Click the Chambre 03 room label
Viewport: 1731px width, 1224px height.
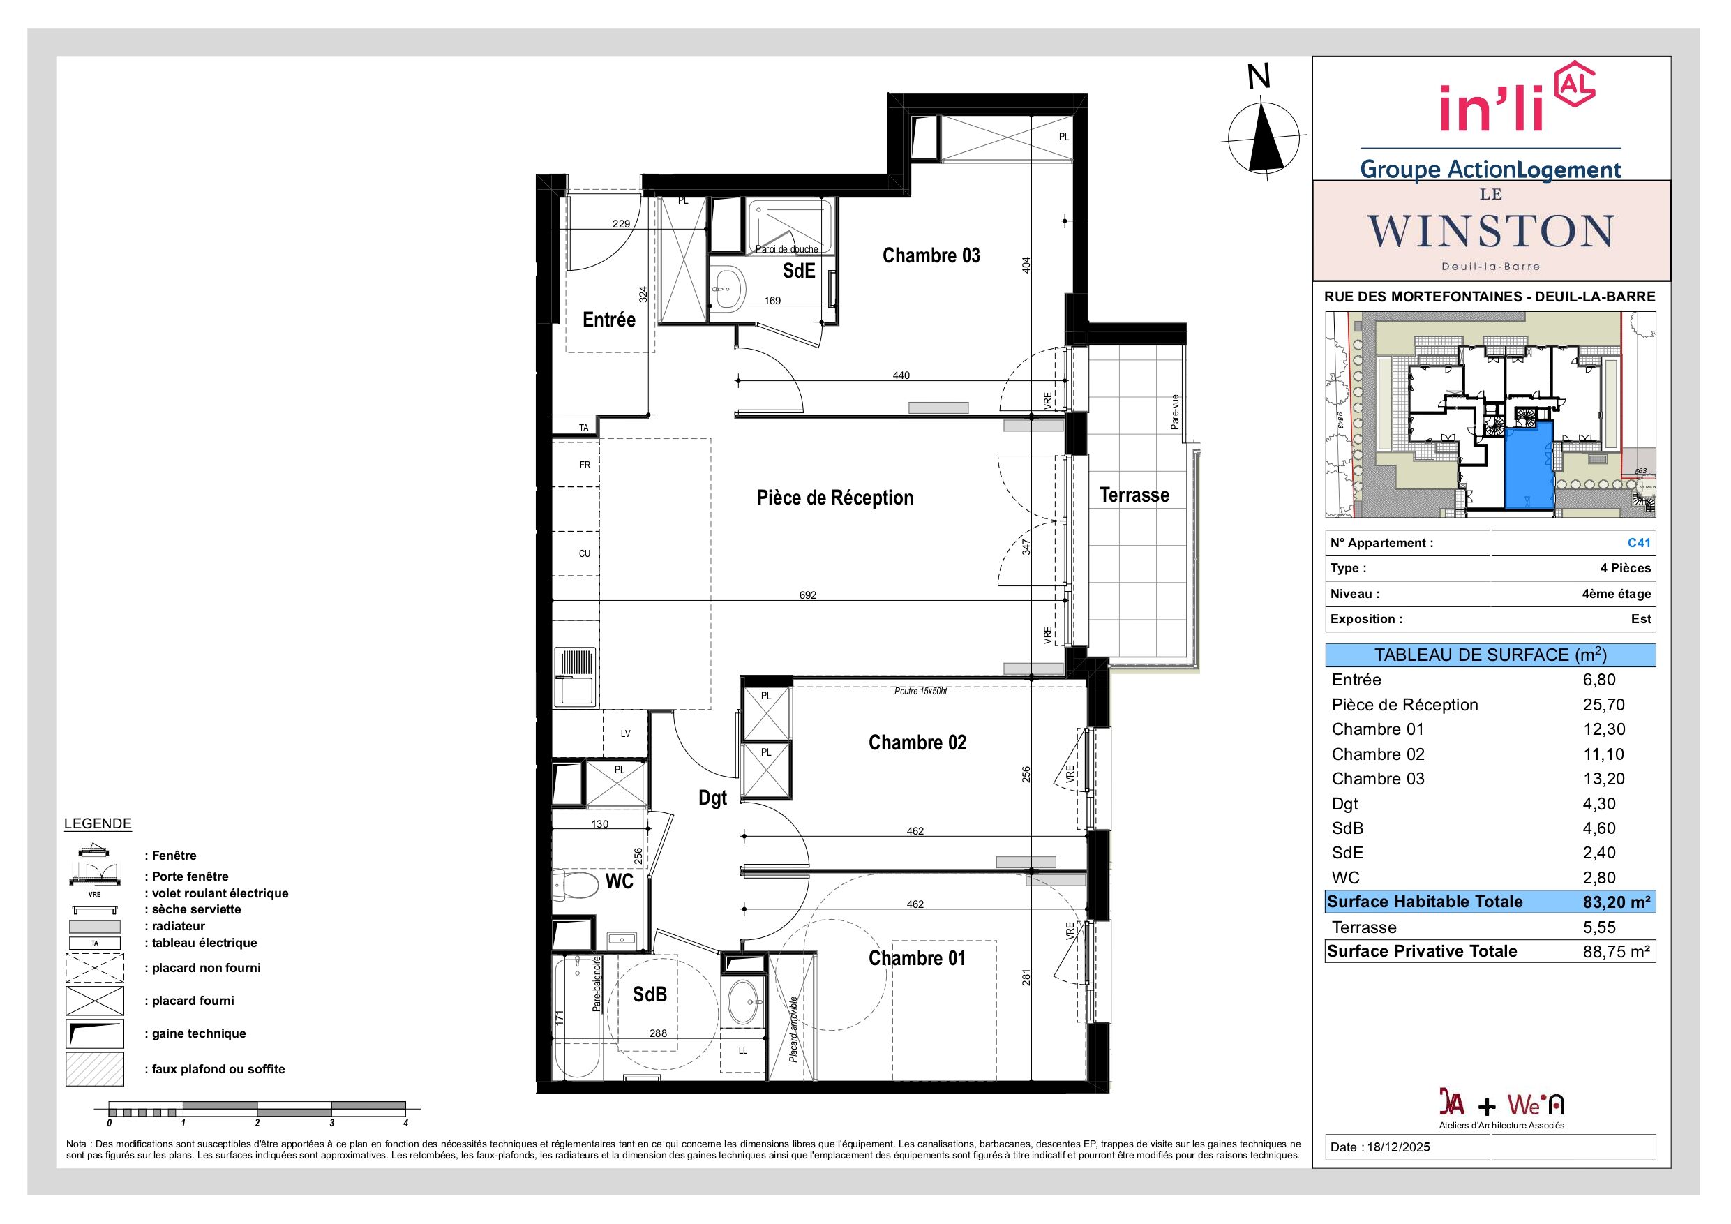pos(931,255)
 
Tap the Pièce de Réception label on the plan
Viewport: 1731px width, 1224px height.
pos(834,498)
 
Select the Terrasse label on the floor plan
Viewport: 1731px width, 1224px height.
pos(1134,495)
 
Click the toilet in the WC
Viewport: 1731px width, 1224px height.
pos(569,885)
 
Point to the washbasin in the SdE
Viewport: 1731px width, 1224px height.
pos(728,289)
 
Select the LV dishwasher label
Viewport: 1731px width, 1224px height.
pos(625,733)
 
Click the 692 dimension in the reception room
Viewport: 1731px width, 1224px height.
pos(807,595)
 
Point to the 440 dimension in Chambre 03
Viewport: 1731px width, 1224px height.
pos(901,375)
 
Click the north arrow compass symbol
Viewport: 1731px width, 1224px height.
pos(1264,137)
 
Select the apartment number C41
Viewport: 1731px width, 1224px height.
pos(1639,542)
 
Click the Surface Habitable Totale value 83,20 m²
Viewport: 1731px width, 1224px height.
pos(1617,902)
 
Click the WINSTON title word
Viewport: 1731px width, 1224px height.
pos(1490,231)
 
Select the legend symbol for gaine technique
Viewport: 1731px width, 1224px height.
pos(95,1033)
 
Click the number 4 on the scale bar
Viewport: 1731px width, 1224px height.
pos(405,1122)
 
